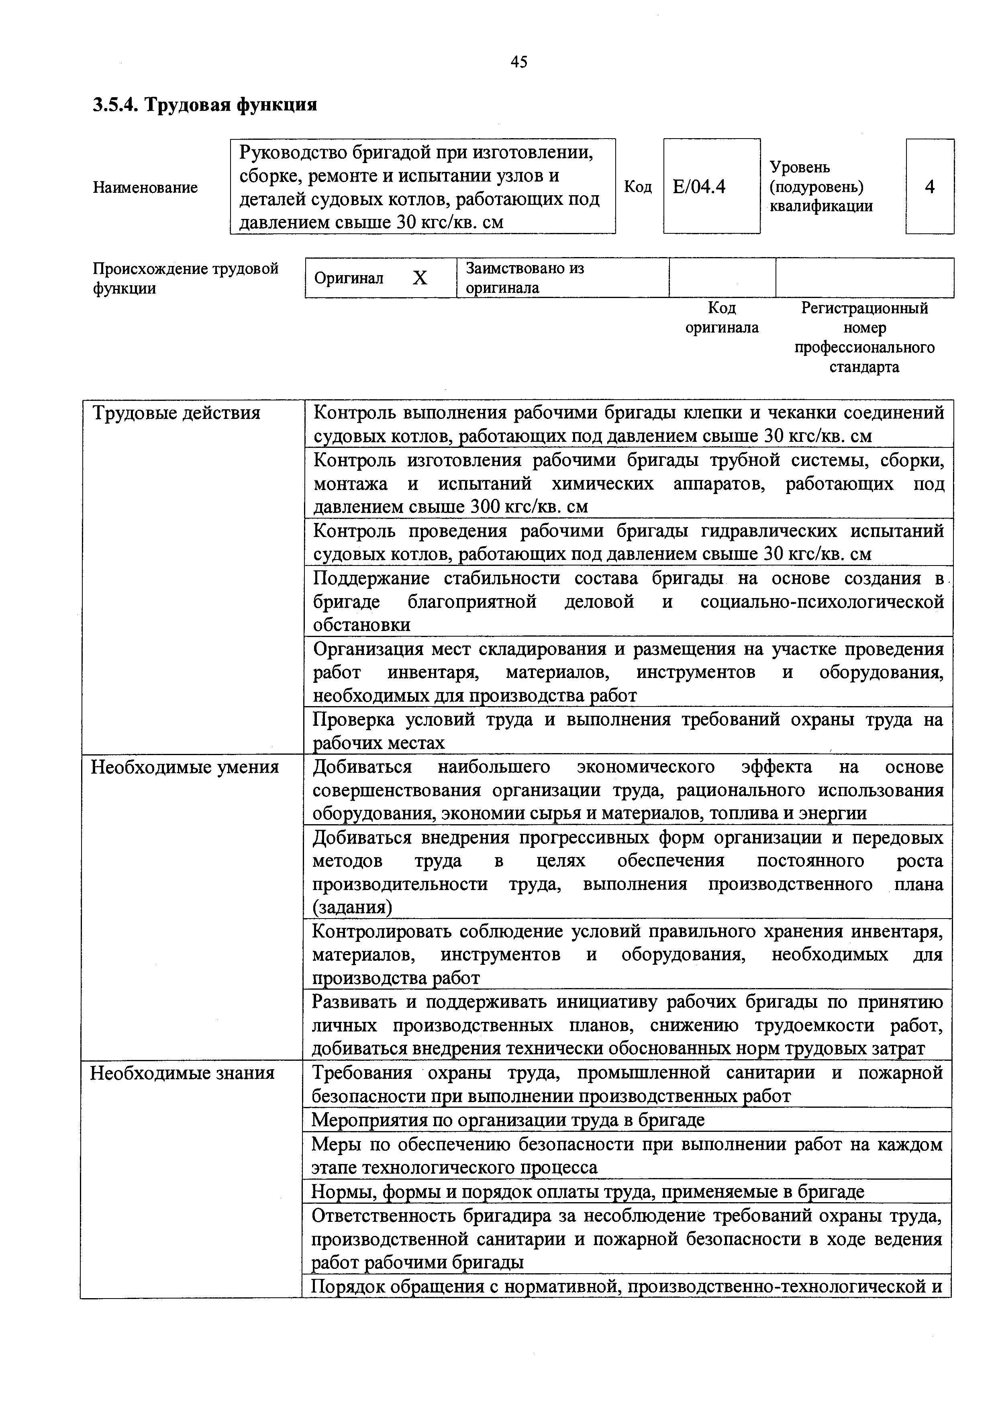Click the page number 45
tap(518, 61)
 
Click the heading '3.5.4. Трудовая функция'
tap(205, 105)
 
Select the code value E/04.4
tap(699, 186)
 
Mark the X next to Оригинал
tap(419, 279)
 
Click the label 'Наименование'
tap(145, 187)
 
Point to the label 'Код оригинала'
tap(722, 318)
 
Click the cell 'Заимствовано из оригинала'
tap(525, 278)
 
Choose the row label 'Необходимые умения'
tap(185, 767)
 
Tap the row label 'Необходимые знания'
tap(182, 1073)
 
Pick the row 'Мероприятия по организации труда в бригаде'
tap(508, 1120)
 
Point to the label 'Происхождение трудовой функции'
tap(185, 278)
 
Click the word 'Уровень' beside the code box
tap(800, 167)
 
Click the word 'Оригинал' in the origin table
tap(349, 279)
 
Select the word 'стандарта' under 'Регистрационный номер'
tap(864, 367)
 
